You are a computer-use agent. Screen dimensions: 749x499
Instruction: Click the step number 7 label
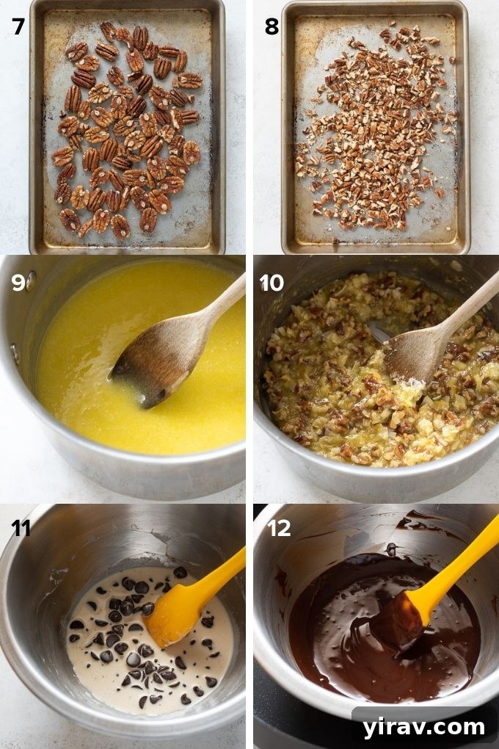pos(18,26)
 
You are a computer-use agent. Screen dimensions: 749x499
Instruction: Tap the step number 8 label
pos(272,26)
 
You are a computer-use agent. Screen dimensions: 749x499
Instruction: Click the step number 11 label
pos(20,528)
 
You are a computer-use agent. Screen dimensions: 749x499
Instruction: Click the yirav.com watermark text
pos(423,727)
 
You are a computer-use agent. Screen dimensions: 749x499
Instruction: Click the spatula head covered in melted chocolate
pos(401,620)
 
